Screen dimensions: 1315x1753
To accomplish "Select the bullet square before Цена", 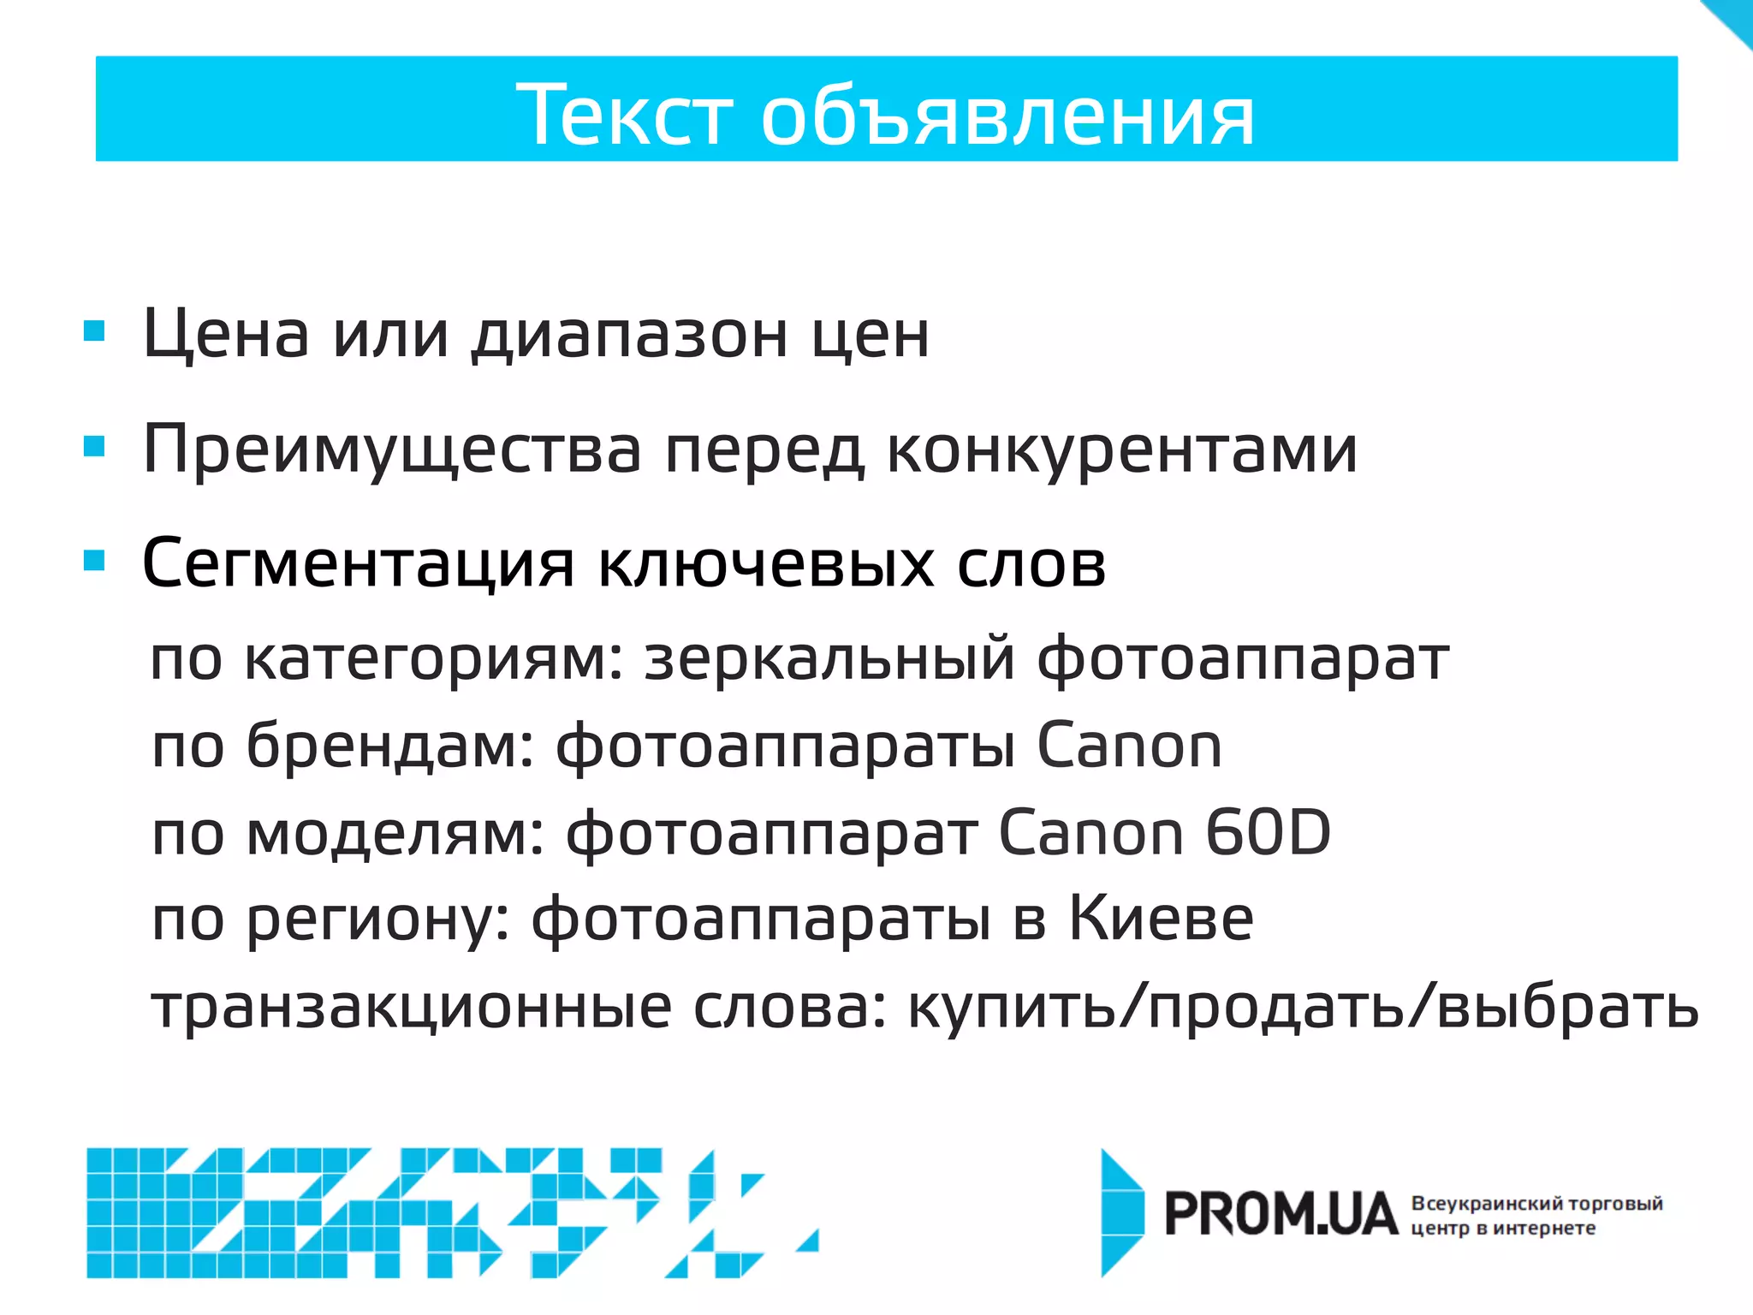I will [x=94, y=330].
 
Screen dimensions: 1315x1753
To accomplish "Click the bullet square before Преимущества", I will [x=94, y=446].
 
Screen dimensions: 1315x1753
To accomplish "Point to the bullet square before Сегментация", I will [x=94, y=561].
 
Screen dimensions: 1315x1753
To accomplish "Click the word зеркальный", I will [x=829, y=660].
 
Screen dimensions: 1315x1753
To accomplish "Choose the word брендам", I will [x=390, y=746].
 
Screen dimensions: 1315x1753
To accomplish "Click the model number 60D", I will [x=1268, y=833].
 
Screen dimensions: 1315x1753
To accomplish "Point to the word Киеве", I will [x=1162, y=919].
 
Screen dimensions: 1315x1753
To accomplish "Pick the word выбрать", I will [x=1567, y=1007].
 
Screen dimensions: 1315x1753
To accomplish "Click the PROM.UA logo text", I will [x=1281, y=1215].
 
